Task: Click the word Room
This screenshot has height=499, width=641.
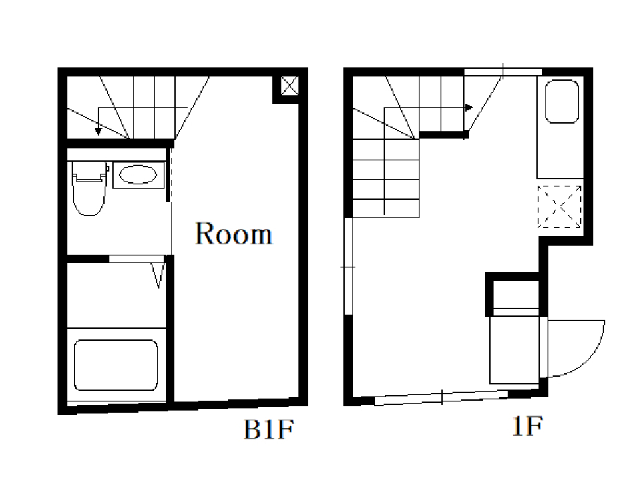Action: point(234,234)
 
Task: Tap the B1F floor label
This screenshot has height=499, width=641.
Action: point(268,429)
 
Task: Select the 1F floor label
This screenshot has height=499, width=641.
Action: point(527,426)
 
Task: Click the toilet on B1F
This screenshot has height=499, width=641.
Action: point(89,188)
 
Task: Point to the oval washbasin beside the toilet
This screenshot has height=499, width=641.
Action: point(138,175)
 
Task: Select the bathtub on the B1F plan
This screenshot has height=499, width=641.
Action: point(116,365)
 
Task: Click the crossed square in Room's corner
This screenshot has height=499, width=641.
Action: point(290,86)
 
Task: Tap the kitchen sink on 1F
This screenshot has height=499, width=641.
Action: point(562,102)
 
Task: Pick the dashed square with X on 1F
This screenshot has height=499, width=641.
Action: point(560,207)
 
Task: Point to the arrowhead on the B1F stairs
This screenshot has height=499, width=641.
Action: point(98,132)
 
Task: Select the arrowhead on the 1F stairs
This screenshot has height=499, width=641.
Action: point(469,108)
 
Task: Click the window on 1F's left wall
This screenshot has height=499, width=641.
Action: point(348,267)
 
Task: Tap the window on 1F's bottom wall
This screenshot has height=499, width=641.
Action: point(441,397)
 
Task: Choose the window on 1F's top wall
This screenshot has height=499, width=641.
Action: point(503,72)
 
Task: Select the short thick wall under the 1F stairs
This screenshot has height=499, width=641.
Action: point(443,134)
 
